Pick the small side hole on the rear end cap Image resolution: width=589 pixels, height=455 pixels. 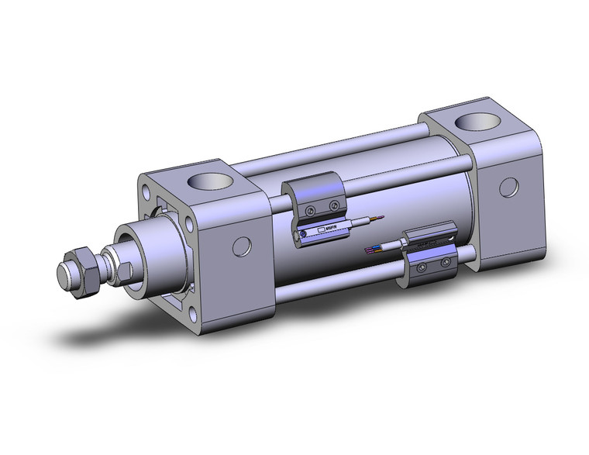509,187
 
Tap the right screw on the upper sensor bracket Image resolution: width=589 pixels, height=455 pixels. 334,205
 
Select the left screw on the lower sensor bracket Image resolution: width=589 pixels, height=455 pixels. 422,267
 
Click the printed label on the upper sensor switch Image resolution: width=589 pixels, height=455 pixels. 324,229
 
